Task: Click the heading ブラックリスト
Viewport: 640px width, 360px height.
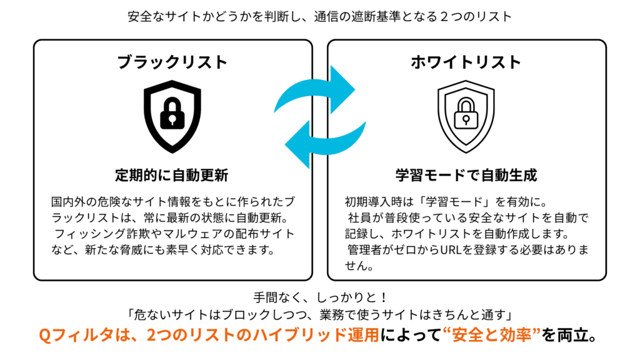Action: coord(172,62)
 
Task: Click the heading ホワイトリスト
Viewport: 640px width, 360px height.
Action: coord(466,62)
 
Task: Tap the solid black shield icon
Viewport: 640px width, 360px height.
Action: coord(172,116)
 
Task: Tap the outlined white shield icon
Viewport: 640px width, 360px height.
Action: coord(466,116)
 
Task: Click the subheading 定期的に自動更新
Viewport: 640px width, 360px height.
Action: coord(172,175)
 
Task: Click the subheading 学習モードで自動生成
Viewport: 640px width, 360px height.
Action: coord(466,175)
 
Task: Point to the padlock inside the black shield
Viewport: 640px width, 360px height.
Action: coord(172,114)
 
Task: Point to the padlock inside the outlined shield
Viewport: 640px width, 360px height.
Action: coord(466,114)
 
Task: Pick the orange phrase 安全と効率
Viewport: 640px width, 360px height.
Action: coord(491,335)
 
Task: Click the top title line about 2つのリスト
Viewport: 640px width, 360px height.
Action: coord(319,16)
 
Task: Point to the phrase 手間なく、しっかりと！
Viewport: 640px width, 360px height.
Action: coord(320,297)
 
